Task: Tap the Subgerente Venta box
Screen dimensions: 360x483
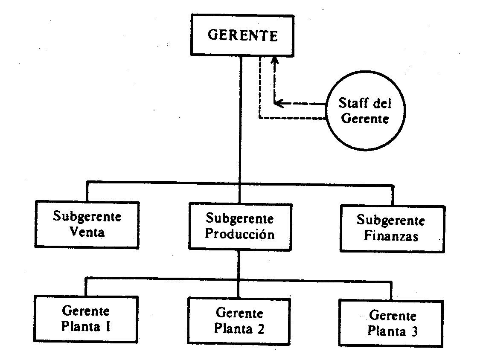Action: (87, 224)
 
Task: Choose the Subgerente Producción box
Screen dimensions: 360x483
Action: (240, 226)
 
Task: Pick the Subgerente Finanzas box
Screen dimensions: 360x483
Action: (391, 228)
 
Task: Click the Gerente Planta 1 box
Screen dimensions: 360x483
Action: (86, 318)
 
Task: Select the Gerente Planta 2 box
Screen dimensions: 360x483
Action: (239, 321)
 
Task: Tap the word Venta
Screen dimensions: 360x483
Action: (87, 233)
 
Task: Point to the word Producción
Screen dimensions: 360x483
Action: (240, 235)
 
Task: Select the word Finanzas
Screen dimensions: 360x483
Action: (391, 236)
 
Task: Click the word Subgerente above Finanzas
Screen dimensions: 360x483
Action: (391, 221)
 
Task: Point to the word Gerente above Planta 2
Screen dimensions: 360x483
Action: (239, 313)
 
